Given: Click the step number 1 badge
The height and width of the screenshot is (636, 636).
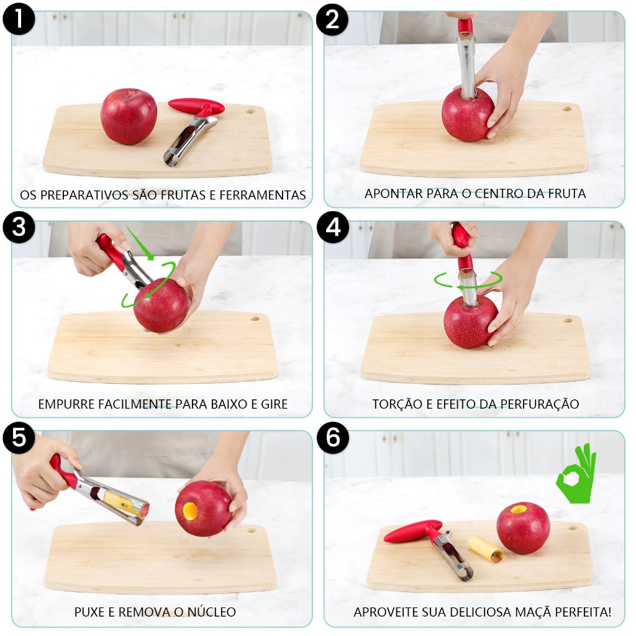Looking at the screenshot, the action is coord(19,19).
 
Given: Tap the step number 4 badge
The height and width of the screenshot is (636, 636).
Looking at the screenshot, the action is coord(333,227).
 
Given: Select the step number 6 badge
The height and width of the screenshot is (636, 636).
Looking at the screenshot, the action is coord(333,438).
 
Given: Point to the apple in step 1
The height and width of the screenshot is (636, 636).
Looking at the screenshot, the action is coord(129,116).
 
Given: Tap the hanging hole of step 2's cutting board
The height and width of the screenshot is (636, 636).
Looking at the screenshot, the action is coord(566,109).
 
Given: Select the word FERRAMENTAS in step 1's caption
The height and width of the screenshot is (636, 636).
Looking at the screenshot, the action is coord(263,195).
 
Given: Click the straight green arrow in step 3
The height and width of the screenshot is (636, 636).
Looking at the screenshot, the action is coord(140,243).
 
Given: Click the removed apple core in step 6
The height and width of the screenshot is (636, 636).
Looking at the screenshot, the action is coord(486,549).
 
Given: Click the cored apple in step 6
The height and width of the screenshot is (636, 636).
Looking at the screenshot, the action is coord(523,528).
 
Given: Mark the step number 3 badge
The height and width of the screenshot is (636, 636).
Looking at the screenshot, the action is coord(19,227).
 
